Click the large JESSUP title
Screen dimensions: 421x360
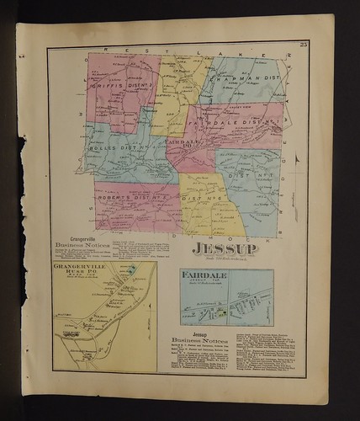click(221, 249)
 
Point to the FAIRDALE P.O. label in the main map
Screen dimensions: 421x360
click(177, 144)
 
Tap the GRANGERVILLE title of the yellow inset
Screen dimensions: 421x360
click(82, 266)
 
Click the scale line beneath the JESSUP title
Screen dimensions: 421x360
click(221, 258)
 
